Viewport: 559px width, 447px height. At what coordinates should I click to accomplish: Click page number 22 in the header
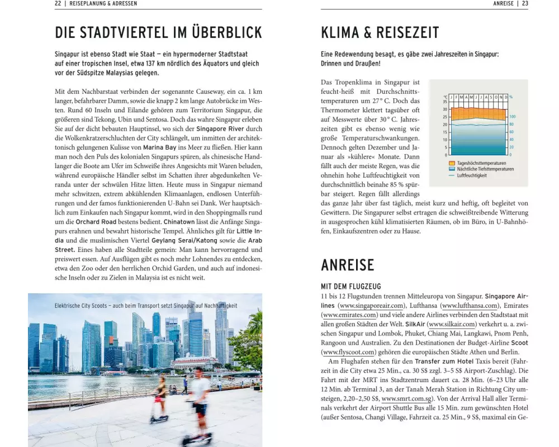[x=58, y=3]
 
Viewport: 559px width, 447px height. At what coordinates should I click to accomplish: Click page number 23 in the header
[x=525, y=3]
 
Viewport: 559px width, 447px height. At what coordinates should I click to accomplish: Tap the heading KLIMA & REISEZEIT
[x=380, y=32]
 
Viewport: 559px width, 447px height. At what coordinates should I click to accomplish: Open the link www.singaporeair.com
[x=371, y=306]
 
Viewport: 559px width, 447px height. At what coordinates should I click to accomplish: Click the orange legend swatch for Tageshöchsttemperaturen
[x=452, y=163]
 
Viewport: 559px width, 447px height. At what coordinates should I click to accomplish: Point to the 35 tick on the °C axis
[x=445, y=102]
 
